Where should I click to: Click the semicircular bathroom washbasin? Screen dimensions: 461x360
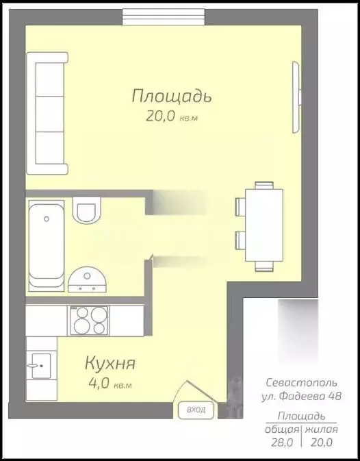[88, 277]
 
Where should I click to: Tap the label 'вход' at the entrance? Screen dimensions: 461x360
[196, 411]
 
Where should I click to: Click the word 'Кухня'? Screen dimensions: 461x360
[110, 363]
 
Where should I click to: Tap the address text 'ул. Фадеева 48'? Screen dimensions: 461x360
[301, 396]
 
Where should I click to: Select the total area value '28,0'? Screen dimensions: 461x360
[283, 443]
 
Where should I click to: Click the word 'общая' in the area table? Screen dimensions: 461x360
[283, 429]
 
